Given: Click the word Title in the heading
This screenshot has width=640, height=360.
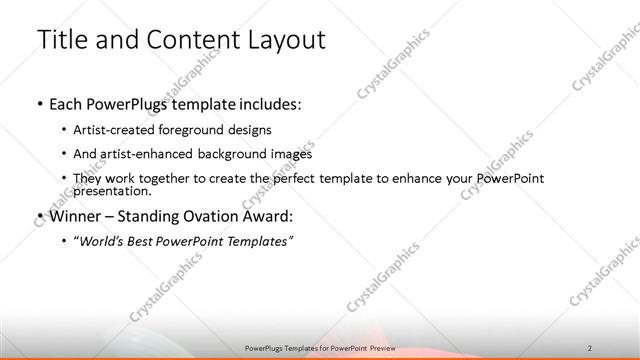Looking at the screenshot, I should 62,40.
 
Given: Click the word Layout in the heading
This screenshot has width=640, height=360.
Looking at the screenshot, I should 285,40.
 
